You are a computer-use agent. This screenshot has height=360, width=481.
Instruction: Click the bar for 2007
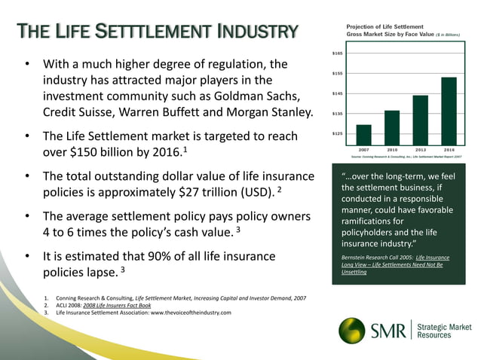pos(363,135)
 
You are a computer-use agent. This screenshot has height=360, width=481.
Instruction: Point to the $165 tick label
pos(338,53)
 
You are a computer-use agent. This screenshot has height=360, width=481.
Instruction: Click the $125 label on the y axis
pos(338,133)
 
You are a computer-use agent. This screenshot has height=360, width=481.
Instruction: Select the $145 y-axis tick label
pos(338,93)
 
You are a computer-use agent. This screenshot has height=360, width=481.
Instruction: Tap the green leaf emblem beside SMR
pos(351,330)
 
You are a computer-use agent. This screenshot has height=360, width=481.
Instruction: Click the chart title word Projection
pos(362,27)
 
